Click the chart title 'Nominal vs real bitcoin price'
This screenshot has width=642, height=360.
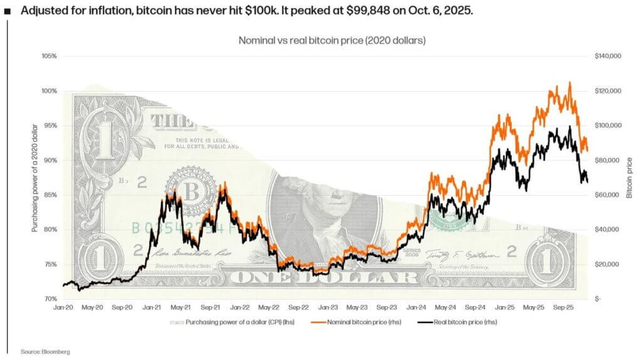coord(332,40)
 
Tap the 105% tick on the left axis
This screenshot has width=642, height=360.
coord(49,56)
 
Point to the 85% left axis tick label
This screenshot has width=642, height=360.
coord(50,195)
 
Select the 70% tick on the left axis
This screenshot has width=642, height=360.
coord(50,299)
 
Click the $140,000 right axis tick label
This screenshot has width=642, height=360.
coord(608,56)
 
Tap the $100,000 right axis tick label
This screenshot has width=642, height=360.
coord(608,125)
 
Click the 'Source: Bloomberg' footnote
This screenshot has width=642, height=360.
coord(45,352)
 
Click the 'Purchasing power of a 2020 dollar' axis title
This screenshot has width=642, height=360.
coord(35,178)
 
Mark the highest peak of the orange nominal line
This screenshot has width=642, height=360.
coord(569,82)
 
